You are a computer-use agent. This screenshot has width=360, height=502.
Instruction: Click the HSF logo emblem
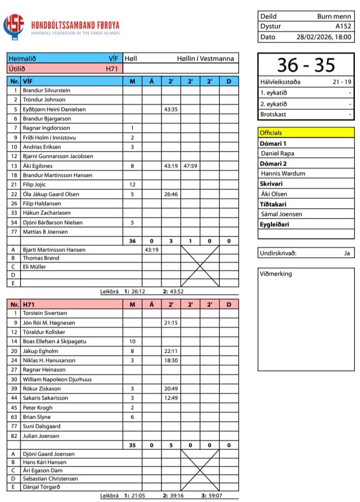point(13,27)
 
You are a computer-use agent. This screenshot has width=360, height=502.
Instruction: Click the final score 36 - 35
point(306,65)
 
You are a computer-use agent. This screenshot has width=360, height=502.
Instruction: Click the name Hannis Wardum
point(283,173)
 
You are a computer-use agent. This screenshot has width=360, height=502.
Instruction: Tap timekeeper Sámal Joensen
point(281,214)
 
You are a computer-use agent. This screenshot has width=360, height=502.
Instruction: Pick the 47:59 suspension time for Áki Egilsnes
point(190,166)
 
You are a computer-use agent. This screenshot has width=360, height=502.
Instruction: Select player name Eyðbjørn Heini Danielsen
point(54,110)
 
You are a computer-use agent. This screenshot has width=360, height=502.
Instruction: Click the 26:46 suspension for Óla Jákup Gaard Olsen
point(171,194)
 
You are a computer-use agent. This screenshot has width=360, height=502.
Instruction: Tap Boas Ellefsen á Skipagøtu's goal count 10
point(132,342)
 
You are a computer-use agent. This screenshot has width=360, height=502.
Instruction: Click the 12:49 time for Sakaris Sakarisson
point(171,398)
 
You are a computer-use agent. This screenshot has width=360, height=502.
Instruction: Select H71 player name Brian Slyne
point(37,417)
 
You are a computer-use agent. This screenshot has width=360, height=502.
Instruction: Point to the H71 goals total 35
point(132,445)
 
